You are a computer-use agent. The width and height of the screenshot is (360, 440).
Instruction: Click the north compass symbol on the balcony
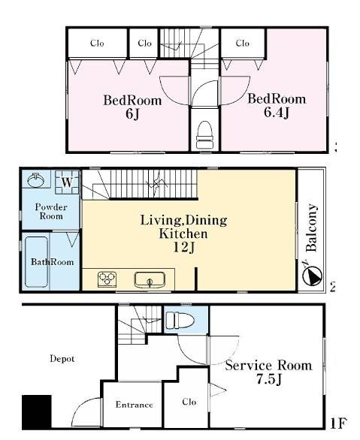pos(312,276)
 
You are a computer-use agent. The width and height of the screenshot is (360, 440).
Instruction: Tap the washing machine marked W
pos(67,182)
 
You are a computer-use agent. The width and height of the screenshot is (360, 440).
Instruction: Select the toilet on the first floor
pos(180,320)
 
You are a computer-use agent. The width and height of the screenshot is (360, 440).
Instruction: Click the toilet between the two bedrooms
pos(204,134)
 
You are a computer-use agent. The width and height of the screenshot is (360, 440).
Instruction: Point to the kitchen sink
pos(150,279)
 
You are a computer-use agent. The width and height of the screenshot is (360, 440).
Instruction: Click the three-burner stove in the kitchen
pos(107,279)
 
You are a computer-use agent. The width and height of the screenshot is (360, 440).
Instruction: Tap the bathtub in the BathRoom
pos(37,261)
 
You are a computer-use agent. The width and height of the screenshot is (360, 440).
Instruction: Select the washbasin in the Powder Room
pos(35,180)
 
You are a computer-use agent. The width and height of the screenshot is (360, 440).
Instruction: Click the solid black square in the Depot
pos(37,411)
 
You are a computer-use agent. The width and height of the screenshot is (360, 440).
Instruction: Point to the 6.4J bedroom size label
pos(277,113)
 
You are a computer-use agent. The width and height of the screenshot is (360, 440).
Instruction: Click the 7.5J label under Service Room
pos(269,379)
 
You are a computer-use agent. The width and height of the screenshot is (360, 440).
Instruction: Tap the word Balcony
pos(311,228)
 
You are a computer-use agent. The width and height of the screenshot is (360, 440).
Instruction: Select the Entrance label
pos(135,405)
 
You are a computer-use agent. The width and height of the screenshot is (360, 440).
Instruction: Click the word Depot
pos(62,359)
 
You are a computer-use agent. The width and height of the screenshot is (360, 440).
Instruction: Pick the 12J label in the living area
pos(183,247)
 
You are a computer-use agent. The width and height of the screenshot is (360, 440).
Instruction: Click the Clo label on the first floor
pos(189,402)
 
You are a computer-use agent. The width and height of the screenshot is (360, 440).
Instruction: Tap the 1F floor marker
pos(338,423)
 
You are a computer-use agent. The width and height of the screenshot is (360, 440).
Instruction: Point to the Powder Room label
pos(51,211)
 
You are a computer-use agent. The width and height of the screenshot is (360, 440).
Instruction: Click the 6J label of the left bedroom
pos(132,113)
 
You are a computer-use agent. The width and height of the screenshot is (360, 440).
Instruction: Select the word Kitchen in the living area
pos(183,234)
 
